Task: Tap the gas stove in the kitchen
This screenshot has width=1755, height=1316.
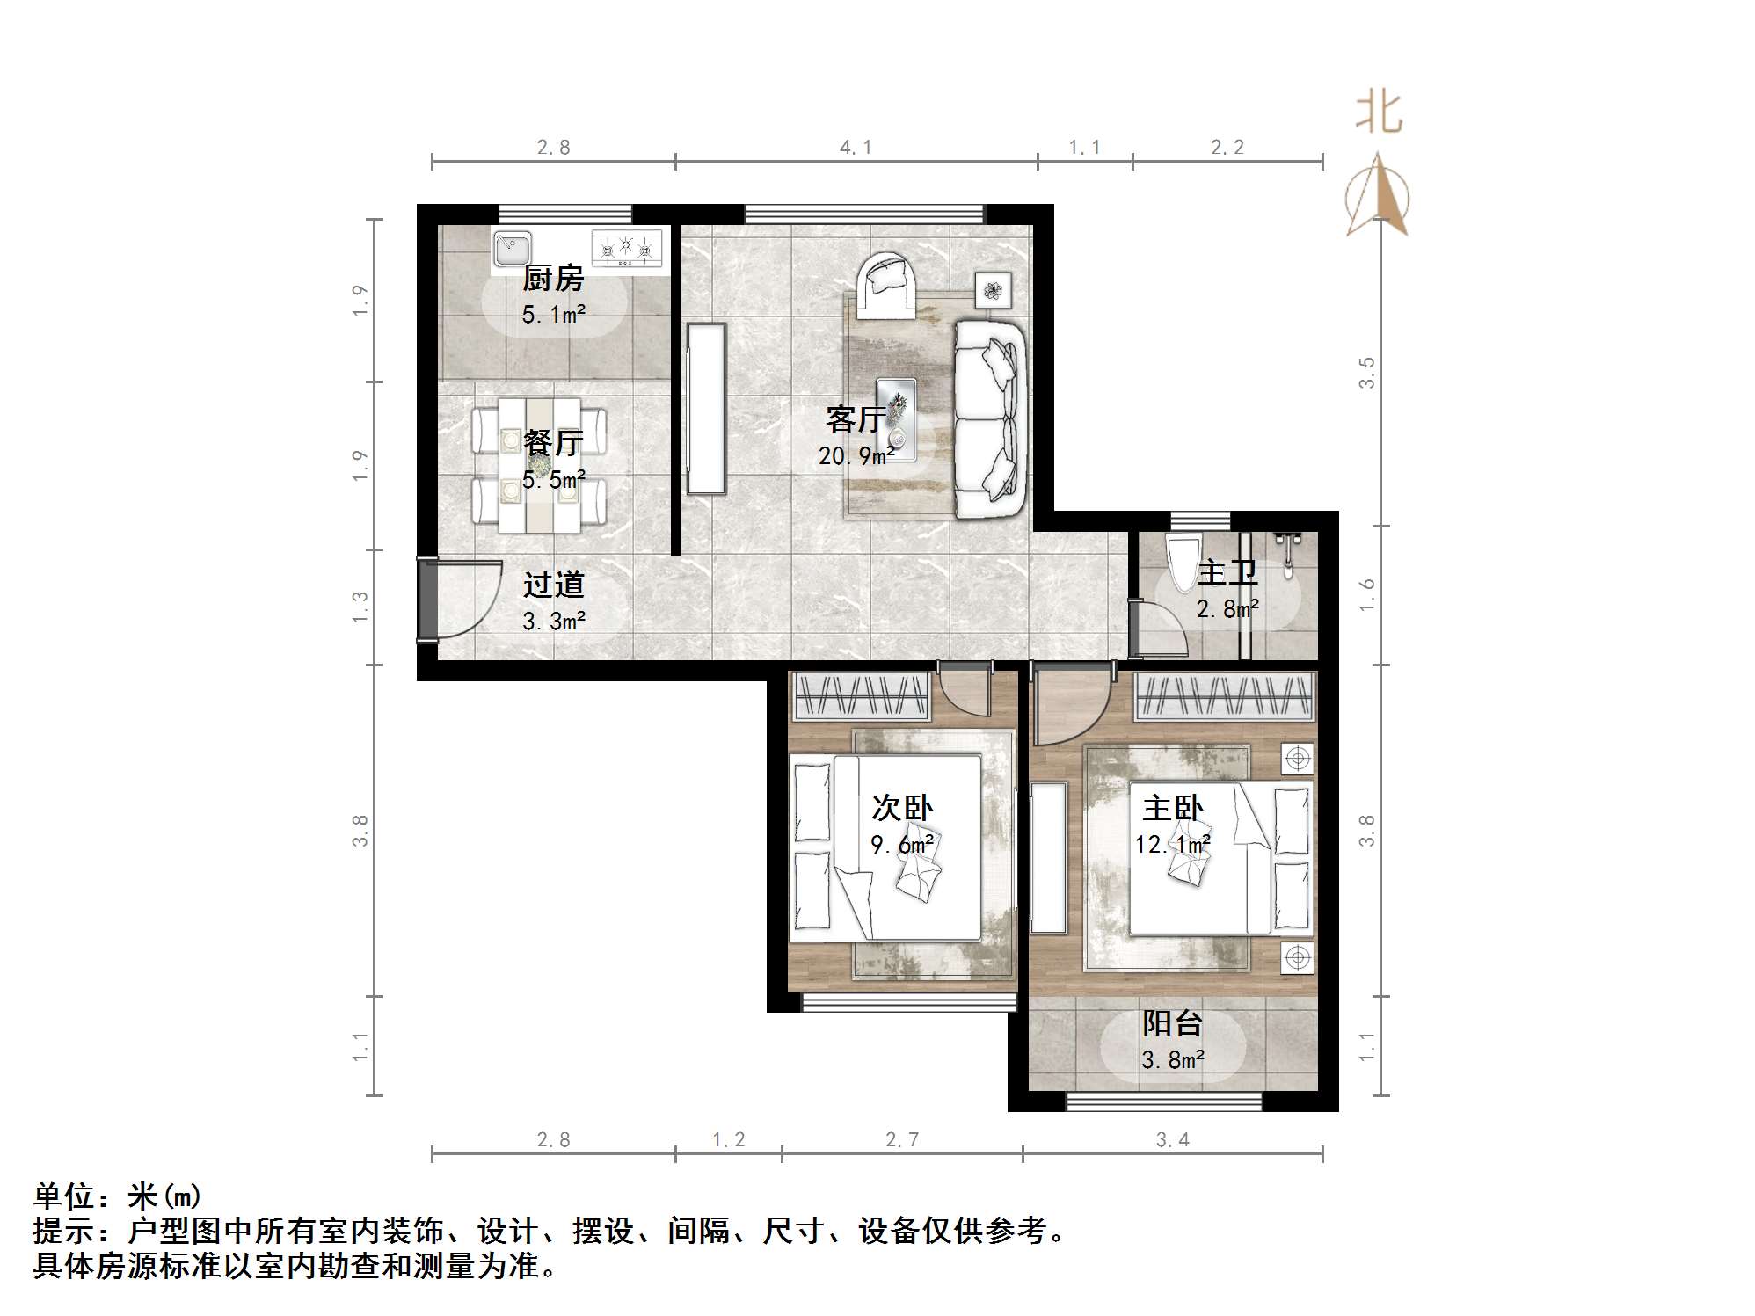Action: pyautogui.click(x=626, y=248)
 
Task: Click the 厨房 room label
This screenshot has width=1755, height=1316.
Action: pyautogui.click(x=553, y=279)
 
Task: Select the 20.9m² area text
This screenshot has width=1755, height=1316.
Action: pyautogui.click(x=856, y=456)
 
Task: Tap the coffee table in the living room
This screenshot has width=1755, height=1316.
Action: pyautogui.click(x=896, y=418)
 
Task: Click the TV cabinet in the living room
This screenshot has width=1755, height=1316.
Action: pyautogui.click(x=707, y=408)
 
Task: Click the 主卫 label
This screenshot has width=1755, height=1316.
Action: pyautogui.click(x=1227, y=572)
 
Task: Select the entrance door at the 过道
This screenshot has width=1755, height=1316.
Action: pyautogui.click(x=428, y=600)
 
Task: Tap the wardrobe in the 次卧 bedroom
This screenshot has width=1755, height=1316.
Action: pyautogui.click(x=862, y=696)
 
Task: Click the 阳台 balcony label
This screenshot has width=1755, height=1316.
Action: pyautogui.click(x=1172, y=1023)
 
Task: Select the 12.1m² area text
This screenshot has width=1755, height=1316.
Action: pyautogui.click(x=1172, y=845)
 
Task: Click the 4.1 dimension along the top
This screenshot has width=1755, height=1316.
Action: pyautogui.click(x=856, y=148)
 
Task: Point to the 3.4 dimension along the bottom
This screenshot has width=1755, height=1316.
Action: pyautogui.click(x=1172, y=1140)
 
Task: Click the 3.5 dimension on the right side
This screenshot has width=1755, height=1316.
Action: pyautogui.click(x=1365, y=373)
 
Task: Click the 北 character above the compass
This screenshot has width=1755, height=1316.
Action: pyautogui.click(x=1378, y=113)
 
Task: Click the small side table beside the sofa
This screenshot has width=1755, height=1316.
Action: pyautogui.click(x=993, y=290)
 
